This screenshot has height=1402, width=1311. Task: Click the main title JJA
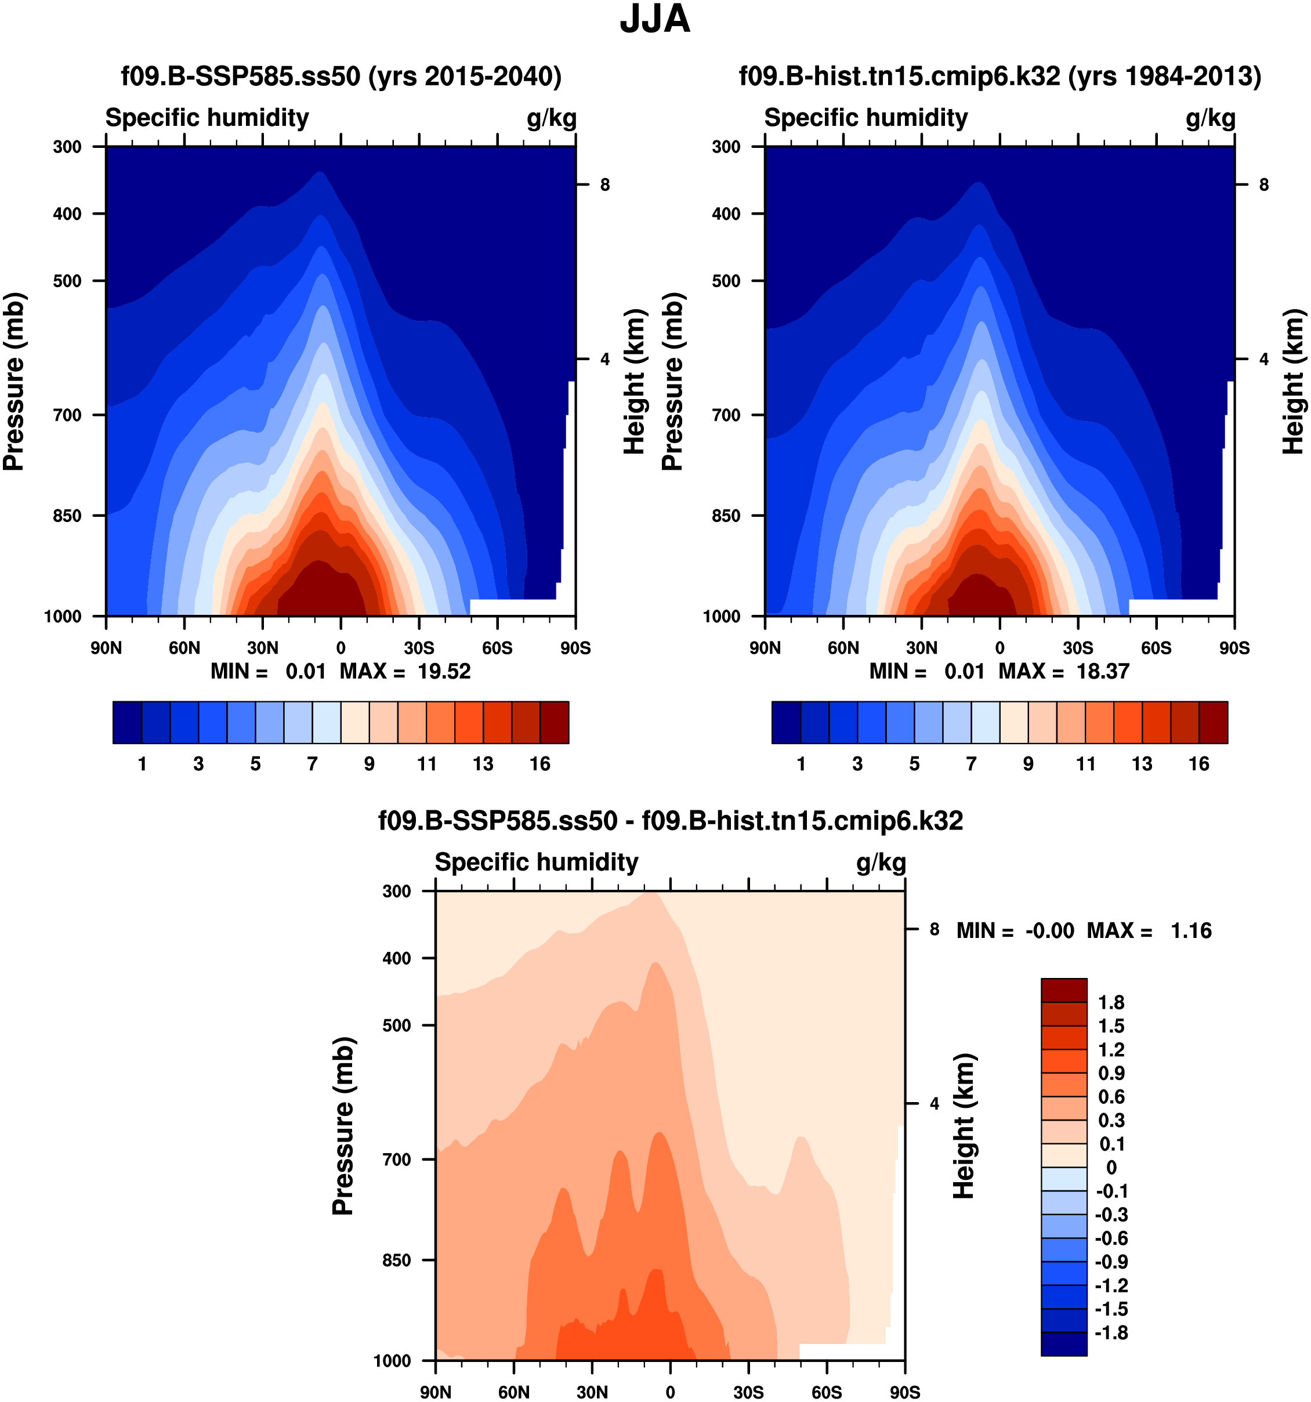pos(654,20)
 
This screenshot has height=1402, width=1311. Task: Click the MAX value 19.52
pos(444,671)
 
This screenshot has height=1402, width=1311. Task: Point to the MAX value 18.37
pos(1102,671)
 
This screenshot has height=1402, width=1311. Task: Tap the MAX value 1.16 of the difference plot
pos(1191,931)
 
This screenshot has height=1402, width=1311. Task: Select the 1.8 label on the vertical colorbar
pos(1111,1002)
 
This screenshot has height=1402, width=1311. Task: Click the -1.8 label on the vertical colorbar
pos(1111,1332)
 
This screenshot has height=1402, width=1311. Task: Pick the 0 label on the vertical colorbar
pos(1111,1167)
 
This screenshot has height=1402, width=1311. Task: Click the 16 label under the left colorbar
pos(540,764)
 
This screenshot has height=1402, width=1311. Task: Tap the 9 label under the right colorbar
pos(1028,764)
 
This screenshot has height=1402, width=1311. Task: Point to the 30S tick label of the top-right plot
pos(1078,648)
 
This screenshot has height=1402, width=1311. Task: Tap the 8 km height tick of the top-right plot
pos(1264,185)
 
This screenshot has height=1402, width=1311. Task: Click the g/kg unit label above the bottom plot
pos(881,863)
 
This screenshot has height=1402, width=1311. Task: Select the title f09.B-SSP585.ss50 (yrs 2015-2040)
pos(341,76)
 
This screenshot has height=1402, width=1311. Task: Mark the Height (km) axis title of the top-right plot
pos(1292,381)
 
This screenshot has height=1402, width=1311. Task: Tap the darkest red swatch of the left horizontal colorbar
pos(555,722)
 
